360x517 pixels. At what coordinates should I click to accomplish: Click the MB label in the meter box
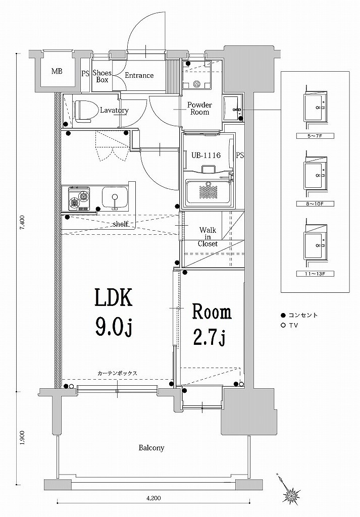coord(57,71)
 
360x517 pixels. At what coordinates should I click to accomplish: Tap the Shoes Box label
coord(101,76)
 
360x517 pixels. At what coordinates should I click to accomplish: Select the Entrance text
coord(139,76)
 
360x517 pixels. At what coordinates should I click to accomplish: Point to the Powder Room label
coord(199,108)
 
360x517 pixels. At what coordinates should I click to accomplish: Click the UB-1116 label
coord(205,156)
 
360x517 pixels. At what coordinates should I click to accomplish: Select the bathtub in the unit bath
coord(208,192)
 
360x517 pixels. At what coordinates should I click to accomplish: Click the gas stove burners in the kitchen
coord(79,198)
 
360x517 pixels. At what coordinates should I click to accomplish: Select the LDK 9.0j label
coord(114,313)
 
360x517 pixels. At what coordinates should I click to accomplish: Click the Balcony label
coord(152,448)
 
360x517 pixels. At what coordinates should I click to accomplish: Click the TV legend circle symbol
coord(283,325)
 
